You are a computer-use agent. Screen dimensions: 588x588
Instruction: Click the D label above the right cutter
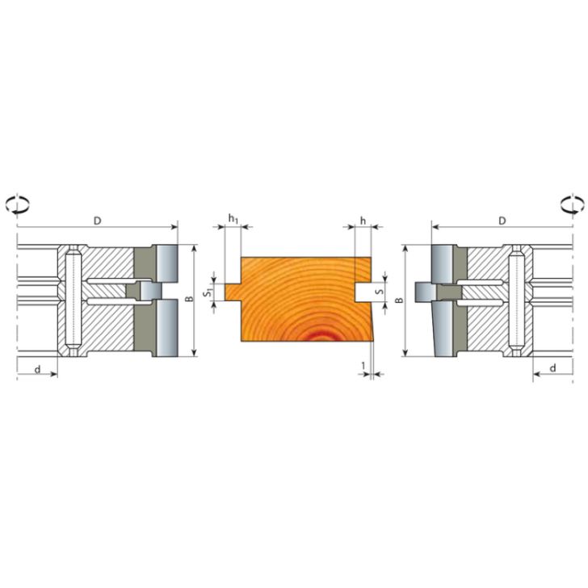coord(502,220)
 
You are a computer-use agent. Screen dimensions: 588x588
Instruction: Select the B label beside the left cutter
coord(188,300)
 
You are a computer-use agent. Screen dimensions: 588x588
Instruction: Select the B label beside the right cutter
coord(400,300)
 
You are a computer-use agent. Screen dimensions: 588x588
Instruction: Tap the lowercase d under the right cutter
coord(552,367)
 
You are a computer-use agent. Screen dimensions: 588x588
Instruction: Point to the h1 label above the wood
coord(233,219)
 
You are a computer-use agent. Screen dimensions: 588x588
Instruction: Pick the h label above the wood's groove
coord(363,220)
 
